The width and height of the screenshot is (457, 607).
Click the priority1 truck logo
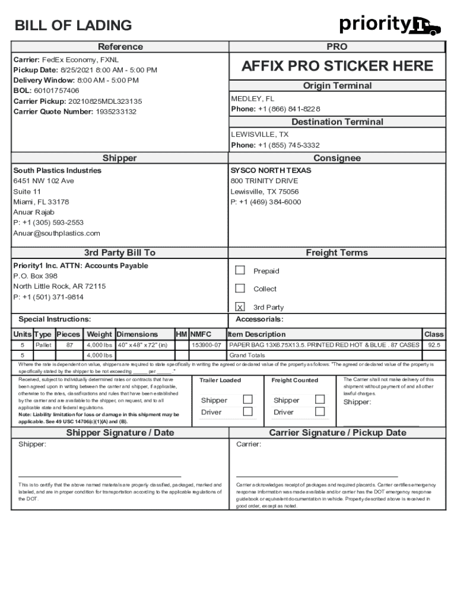390,25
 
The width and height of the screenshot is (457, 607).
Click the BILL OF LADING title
73,25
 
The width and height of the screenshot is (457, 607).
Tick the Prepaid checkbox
240,270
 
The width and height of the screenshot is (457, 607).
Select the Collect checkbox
240,289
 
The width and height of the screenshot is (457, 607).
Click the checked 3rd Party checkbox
240,307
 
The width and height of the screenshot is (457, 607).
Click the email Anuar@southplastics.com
56,234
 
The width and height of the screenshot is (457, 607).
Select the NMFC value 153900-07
206,344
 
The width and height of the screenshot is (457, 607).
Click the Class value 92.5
434,344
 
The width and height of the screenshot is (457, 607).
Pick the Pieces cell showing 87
69,344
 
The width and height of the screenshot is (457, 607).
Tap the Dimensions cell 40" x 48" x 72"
142,344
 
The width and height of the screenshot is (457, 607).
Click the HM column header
182,334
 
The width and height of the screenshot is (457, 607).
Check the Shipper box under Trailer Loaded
248,400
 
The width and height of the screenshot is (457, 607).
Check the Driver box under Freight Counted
320,411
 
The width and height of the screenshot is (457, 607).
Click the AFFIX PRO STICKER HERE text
337,66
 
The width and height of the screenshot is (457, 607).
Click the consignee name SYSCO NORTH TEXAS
262,171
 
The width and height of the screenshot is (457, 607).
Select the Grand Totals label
247,355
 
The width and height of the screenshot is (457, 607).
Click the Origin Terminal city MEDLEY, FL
252,98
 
